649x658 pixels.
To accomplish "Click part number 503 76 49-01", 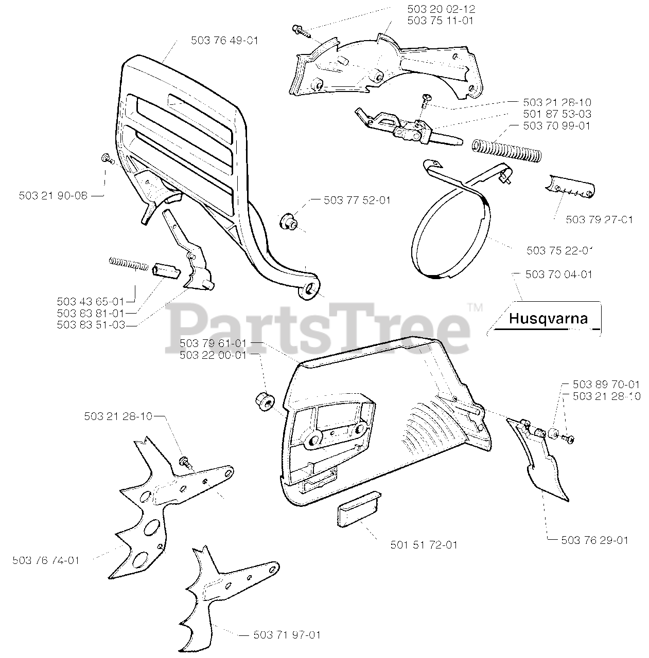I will point(224,40).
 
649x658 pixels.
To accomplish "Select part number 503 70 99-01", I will point(556,125).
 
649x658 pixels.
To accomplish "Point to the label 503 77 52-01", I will point(357,200).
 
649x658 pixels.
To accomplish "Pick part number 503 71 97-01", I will point(287,635).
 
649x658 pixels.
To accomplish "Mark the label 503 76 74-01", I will point(46,560).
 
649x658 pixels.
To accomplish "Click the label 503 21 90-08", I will point(53,195).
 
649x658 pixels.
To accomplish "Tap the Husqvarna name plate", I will point(548,318).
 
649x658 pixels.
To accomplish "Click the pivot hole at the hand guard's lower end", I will point(310,290).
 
